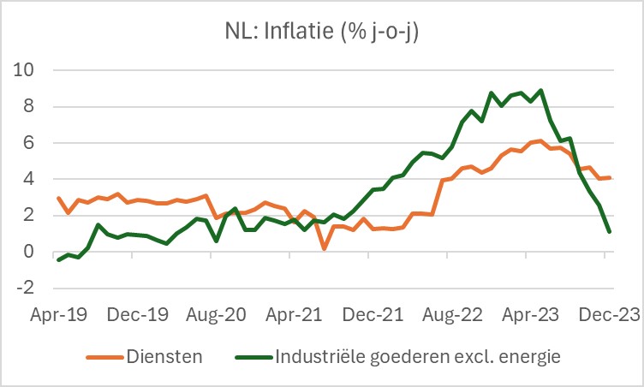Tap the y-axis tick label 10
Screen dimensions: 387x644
(25, 69)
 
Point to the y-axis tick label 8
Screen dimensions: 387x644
(29, 106)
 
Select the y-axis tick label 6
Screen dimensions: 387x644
(29, 143)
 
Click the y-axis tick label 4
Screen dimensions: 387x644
(29, 180)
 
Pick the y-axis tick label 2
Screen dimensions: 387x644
(29, 216)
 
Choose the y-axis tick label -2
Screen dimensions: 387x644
(25, 289)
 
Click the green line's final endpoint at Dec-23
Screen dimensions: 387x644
(608, 231)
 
